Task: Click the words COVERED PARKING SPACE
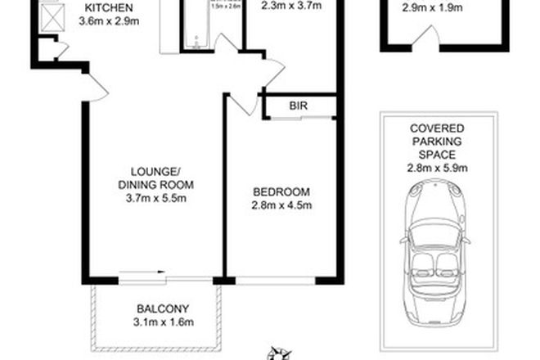[439, 142]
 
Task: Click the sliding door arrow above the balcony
[143, 274]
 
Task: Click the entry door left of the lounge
[96, 87]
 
